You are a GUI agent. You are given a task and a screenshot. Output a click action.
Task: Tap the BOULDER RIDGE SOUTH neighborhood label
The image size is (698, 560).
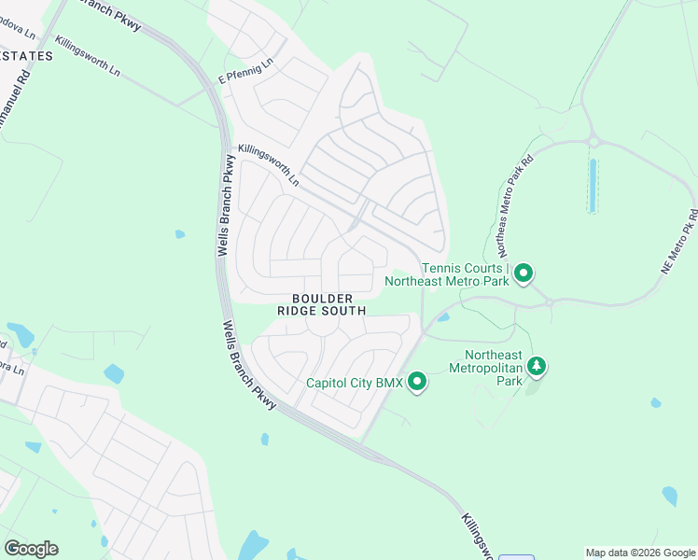tap(321, 303)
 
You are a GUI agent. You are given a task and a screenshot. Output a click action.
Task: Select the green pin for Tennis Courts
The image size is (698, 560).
tap(524, 273)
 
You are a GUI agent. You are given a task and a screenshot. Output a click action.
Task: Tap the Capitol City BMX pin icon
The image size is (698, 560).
tap(417, 382)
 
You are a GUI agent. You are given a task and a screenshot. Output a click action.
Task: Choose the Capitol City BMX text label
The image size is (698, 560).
tap(355, 383)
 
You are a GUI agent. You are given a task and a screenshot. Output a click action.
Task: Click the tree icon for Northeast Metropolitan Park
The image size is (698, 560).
tap(537, 367)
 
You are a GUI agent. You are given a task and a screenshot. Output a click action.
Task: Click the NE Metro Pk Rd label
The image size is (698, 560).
tap(678, 246)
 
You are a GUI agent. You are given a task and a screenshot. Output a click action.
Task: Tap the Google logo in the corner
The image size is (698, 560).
tap(31, 549)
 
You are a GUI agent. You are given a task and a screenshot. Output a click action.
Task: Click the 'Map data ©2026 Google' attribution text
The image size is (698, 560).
tap(640, 553)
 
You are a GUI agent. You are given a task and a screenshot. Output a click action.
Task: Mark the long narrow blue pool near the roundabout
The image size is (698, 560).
tap(592, 186)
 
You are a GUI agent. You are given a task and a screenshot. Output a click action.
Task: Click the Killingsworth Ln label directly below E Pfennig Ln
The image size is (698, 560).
tap(269, 165)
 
